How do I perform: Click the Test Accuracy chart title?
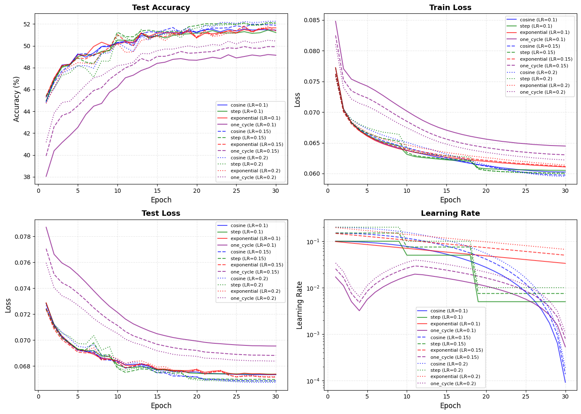point(161,8)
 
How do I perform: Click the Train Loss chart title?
point(450,8)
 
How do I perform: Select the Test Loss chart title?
point(161,213)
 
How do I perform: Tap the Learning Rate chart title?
point(450,213)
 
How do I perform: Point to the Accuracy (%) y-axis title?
point(17,99)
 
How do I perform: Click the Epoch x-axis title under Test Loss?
point(161,406)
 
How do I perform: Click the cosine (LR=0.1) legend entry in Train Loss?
point(538,20)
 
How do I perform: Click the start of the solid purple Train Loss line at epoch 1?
point(336,21)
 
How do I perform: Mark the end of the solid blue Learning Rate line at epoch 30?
point(565,382)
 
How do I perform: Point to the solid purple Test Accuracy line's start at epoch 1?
point(46,176)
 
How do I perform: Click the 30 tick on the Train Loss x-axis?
point(565,191)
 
